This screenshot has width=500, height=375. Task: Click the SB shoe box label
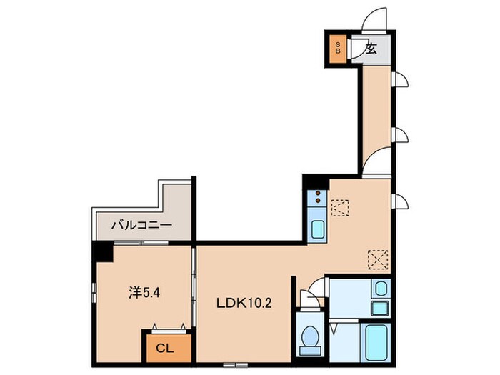click(338, 48)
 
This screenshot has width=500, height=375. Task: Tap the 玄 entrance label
click(371, 49)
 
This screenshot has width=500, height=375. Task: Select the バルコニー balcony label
click(142, 226)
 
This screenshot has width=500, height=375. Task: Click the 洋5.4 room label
click(144, 293)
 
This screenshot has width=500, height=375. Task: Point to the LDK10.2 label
click(244, 303)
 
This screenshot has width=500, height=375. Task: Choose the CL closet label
click(165, 349)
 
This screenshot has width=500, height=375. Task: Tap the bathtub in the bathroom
click(377, 342)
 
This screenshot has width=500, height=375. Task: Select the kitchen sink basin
click(318, 229)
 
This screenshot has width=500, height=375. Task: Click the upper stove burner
click(318, 194)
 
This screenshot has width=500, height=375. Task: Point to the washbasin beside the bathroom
click(381, 289)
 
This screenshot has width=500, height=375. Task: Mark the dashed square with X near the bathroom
click(378, 259)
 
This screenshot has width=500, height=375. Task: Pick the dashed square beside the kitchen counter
click(340, 208)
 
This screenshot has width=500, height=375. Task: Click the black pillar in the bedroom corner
click(103, 251)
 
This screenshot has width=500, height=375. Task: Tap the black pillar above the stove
click(316, 182)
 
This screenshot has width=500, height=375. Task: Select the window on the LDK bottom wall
click(236, 364)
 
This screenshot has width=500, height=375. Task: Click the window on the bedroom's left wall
click(94, 292)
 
